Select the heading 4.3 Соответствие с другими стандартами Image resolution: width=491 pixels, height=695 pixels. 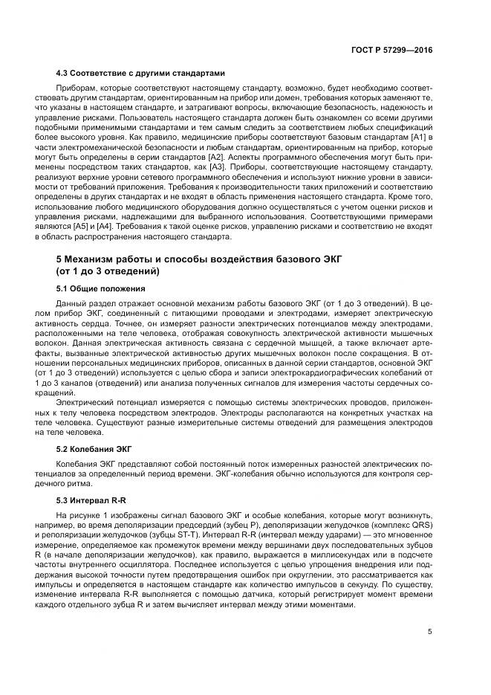(x=141, y=74)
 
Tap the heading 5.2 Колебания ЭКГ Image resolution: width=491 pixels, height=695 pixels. (x=95, y=448)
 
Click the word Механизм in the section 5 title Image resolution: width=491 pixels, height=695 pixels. (x=98, y=259)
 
